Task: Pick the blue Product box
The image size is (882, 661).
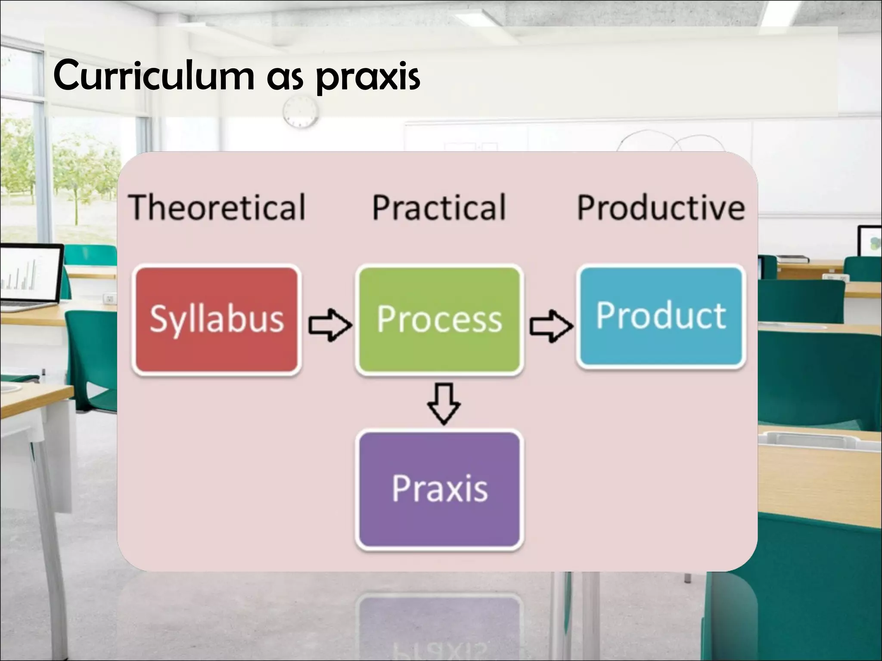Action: [661, 316]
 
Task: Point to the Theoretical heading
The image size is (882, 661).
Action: [217, 207]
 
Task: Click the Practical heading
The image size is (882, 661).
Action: [439, 207]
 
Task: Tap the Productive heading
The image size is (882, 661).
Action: [661, 207]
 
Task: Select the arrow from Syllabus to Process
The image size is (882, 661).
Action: [329, 325]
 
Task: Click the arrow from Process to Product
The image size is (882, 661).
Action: [551, 326]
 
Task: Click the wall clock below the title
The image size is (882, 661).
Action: [300, 111]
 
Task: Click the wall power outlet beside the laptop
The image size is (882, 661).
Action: [110, 298]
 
